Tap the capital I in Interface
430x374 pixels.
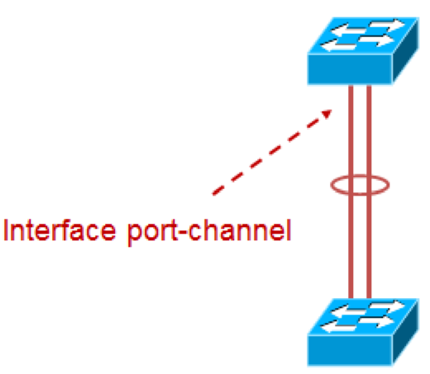click(x=8, y=230)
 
